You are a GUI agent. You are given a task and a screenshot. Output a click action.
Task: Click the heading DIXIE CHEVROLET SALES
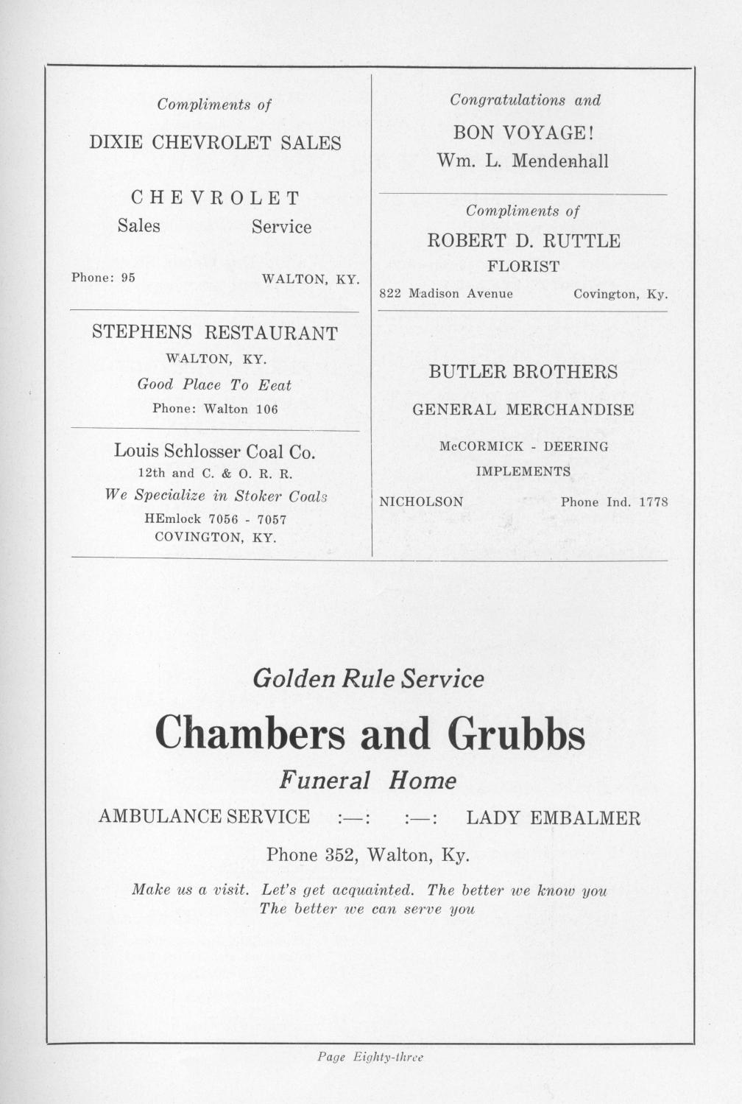[x=215, y=143]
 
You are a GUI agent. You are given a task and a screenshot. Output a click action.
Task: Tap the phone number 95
[x=128, y=278]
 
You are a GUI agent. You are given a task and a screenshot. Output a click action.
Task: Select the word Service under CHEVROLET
[x=281, y=227]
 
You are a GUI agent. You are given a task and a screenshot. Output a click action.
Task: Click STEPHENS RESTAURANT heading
[x=214, y=333]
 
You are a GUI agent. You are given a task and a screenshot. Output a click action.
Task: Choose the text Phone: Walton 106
[x=215, y=409]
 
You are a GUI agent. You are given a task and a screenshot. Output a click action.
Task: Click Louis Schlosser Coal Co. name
[x=214, y=451]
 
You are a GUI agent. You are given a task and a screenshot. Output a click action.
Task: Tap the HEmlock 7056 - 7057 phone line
[x=215, y=519]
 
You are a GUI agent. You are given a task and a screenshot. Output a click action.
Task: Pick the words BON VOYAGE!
[x=523, y=133]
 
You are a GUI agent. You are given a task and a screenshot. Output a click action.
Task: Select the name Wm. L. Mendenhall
[x=523, y=161]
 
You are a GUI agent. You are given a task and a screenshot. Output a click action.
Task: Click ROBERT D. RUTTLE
[x=523, y=241]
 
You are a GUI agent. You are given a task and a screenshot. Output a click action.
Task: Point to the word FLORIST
[x=523, y=266]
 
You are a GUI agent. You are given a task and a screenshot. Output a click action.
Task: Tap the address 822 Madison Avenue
[x=445, y=294]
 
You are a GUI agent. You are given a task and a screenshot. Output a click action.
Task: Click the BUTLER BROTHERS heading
[x=523, y=372]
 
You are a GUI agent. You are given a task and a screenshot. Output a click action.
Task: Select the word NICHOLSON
[x=420, y=502]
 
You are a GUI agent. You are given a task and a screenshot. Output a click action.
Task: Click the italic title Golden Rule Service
[x=368, y=678]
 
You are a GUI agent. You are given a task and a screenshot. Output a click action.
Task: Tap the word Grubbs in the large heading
[x=515, y=734]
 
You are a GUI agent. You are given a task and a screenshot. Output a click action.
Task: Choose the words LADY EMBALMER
[x=553, y=818]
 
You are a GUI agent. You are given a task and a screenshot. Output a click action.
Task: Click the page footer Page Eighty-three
[x=370, y=1058]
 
